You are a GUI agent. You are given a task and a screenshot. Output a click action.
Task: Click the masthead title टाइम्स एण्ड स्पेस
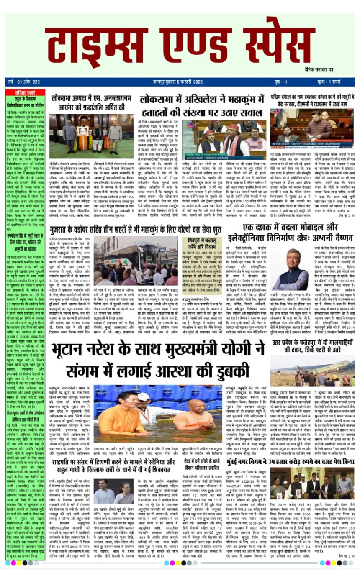(x=180, y=45)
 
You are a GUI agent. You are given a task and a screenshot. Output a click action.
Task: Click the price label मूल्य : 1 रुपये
(x=336, y=82)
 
